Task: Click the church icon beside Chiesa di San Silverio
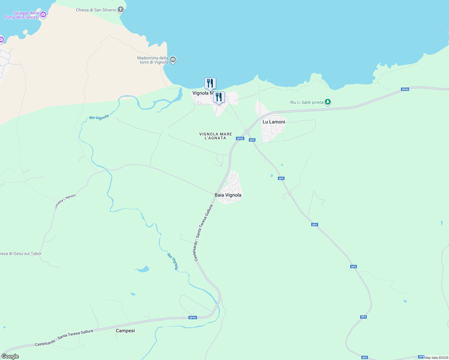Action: coord(121,10)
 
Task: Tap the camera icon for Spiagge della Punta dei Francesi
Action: coord(43,14)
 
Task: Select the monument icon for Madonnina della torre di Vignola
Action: coord(173,60)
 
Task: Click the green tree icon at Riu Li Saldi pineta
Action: coord(328,102)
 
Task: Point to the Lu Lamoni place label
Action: coord(274,122)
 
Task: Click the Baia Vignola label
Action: coord(228,195)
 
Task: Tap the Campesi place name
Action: coord(125,331)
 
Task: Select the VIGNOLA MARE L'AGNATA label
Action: coord(215,136)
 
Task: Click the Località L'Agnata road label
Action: coord(65,201)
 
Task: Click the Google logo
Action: coord(10,356)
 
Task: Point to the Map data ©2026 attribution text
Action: coord(436,358)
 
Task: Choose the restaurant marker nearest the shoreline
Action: coord(210,83)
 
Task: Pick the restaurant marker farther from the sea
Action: coord(219,97)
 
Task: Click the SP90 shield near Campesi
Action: coord(192,318)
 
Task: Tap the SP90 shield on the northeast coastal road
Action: coord(405,89)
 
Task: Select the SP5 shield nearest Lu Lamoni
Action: coord(252,140)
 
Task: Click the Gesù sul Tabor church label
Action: coord(21,253)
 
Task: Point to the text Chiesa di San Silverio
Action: coord(96,10)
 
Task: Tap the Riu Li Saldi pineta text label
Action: coord(307,102)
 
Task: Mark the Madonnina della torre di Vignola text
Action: coord(153,60)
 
